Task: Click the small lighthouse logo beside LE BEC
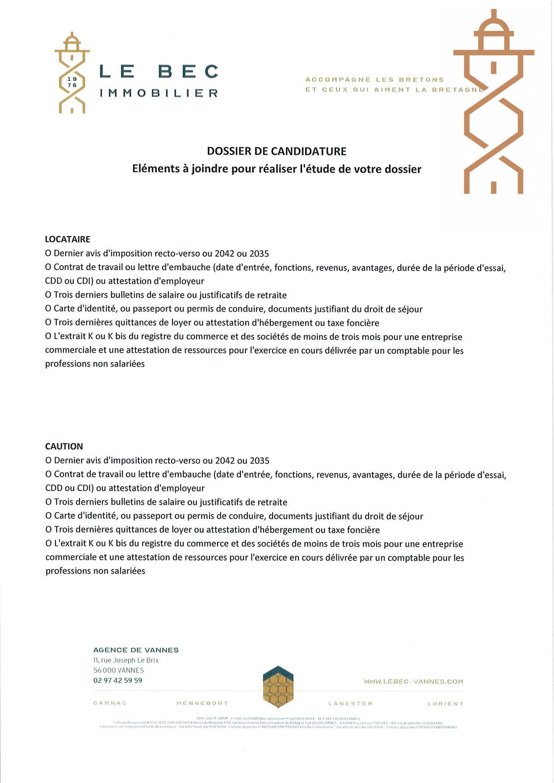coord(72,73)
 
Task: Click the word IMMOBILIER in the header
coord(159,93)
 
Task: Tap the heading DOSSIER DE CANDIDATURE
coord(277,151)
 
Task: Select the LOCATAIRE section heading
coord(67,239)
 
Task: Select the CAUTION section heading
coord(64,446)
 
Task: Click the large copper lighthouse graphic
coord(494,103)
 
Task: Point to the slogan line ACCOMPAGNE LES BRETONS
coord(374,79)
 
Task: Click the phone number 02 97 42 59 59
coord(118,680)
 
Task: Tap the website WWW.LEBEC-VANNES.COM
coord(413,682)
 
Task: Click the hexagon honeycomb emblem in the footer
coord(278,687)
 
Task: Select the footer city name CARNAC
coord(110,703)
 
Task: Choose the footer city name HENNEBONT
coord(202,703)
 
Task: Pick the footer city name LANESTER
coord(350,704)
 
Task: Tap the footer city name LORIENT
coord(445,704)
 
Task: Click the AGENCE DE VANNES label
coord(136,650)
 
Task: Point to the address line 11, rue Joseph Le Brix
coord(126,660)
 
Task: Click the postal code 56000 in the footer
coord(105,671)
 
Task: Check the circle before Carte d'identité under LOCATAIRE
coord(48,309)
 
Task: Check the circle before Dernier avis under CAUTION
coord(49,461)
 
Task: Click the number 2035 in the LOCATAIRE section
coord(259,254)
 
